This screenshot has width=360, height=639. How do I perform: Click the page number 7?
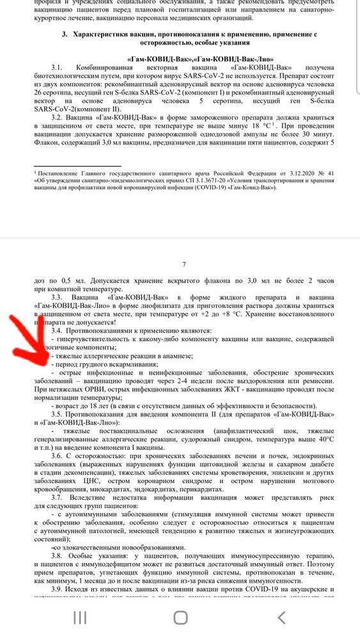pos(184,264)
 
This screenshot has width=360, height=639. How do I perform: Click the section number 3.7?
pos(58,497)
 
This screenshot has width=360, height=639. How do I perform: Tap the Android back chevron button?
pos(281,617)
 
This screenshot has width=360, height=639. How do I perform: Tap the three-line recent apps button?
pos(80,617)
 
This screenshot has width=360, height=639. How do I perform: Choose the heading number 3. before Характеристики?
pos(65,33)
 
